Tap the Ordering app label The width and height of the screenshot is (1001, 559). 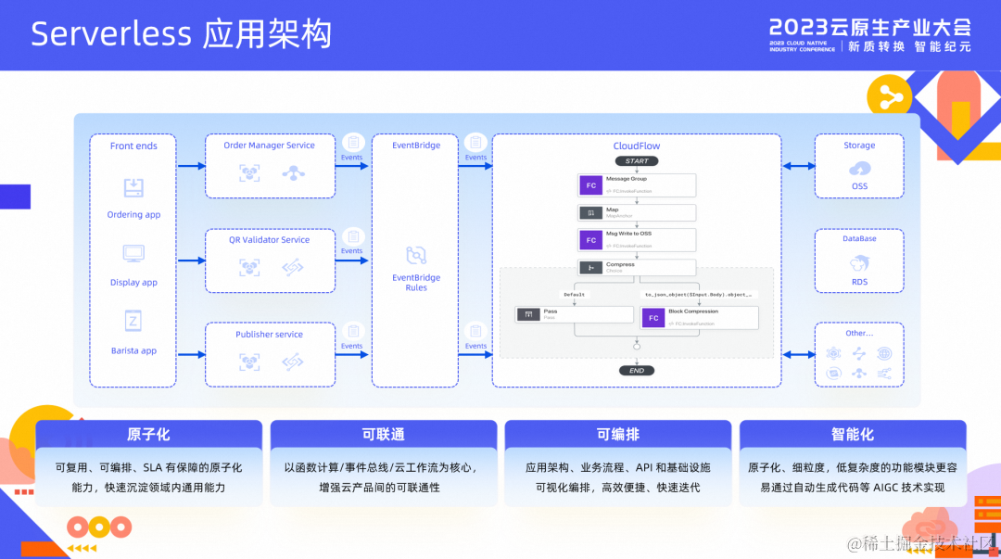tap(133, 215)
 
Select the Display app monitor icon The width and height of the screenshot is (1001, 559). tap(133, 253)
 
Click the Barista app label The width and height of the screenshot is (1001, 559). tap(133, 351)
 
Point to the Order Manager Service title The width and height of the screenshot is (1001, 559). tap(269, 146)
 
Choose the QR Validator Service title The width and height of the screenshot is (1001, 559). tap(269, 240)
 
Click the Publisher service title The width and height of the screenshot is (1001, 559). tap(269, 335)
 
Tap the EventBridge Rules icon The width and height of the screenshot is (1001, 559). tap(416, 255)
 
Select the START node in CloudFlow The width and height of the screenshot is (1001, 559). tap(637, 161)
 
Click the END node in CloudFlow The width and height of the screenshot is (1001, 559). tap(637, 371)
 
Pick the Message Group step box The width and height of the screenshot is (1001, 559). tap(637, 185)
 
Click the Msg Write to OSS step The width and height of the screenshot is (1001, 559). tap(637, 240)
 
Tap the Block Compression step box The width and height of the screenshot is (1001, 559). tap(700, 317)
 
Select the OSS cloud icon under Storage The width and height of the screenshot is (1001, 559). tap(859, 168)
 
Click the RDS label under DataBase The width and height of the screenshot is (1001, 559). tap(859, 282)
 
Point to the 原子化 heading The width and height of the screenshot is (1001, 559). tap(148, 435)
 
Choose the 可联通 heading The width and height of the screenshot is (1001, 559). tap(383, 435)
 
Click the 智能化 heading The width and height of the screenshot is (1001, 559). tap(853, 435)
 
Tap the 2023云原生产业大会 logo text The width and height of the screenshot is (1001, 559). tap(869, 27)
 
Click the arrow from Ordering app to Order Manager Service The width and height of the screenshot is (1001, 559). tap(191, 167)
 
